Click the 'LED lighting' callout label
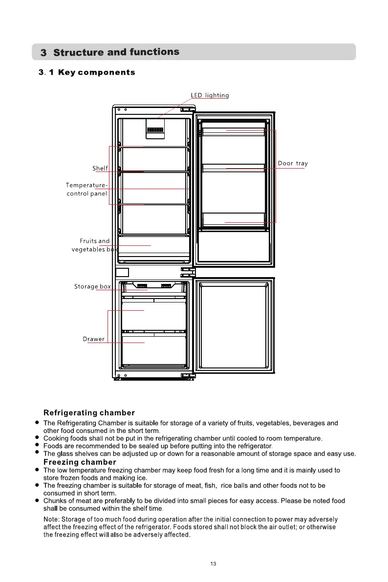pos(210,95)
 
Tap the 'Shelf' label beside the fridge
pos(100,169)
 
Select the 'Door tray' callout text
pos(293,163)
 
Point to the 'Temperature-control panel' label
pos(87,190)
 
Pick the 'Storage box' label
pos(92,286)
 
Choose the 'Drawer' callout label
pos(93,339)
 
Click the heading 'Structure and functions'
pos(116,52)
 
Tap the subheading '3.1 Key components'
pos(87,73)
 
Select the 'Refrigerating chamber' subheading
pos(89,413)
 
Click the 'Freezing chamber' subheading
pos(80,462)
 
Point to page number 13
pos(213,564)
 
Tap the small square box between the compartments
pos(122,273)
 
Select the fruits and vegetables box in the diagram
pos(154,245)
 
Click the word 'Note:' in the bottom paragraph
pos(52,519)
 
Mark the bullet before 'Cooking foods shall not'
pos(37,438)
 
